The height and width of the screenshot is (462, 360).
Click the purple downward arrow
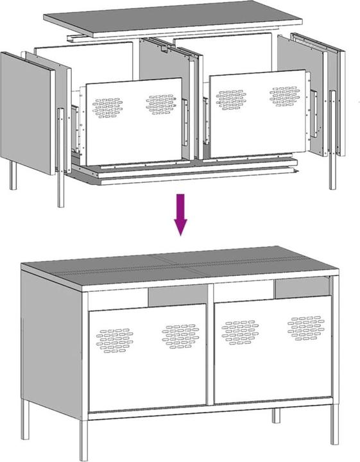coord(181,214)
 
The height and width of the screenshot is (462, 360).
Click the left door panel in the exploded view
coord(133,122)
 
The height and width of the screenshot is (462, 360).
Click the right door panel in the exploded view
coord(257,114)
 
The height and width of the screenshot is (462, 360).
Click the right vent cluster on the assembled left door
coord(180,336)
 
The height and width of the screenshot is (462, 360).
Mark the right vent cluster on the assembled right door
coord(305,327)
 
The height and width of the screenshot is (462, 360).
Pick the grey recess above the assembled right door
coord(302,288)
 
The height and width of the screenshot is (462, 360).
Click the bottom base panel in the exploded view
coord(186,169)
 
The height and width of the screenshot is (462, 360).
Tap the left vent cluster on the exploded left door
coord(107,107)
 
